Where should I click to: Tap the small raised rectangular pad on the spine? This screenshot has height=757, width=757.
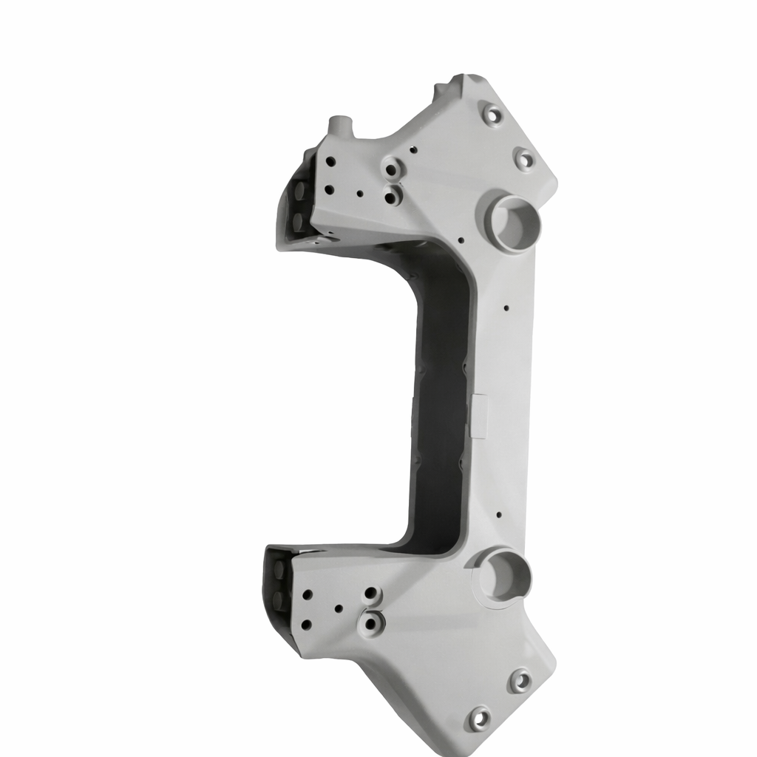[x=479, y=415]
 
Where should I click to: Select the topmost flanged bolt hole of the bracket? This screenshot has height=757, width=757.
[x=492, y=115]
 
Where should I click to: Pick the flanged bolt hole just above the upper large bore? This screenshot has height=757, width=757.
[x=523, y=158]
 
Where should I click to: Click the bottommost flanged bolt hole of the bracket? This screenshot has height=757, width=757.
[x=478, y=718]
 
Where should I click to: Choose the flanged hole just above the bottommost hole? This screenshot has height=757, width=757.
[x=520, y=680]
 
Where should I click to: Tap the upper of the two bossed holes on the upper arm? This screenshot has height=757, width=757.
[x=392, y=169]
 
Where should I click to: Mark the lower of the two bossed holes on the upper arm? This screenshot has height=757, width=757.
[x=392, y=197]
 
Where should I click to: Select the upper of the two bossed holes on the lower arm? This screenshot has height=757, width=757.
[x=372, y=595]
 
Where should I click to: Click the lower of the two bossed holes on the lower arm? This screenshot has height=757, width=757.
[x=370, y=623]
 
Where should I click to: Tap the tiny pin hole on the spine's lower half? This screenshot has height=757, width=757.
[x=500, y=514]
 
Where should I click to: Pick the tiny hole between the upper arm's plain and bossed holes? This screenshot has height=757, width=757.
[x=360, y=194]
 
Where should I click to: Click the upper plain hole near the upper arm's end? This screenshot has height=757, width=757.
[x=330, y=160]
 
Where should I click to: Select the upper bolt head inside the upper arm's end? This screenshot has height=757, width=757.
[x=301, y=190]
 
